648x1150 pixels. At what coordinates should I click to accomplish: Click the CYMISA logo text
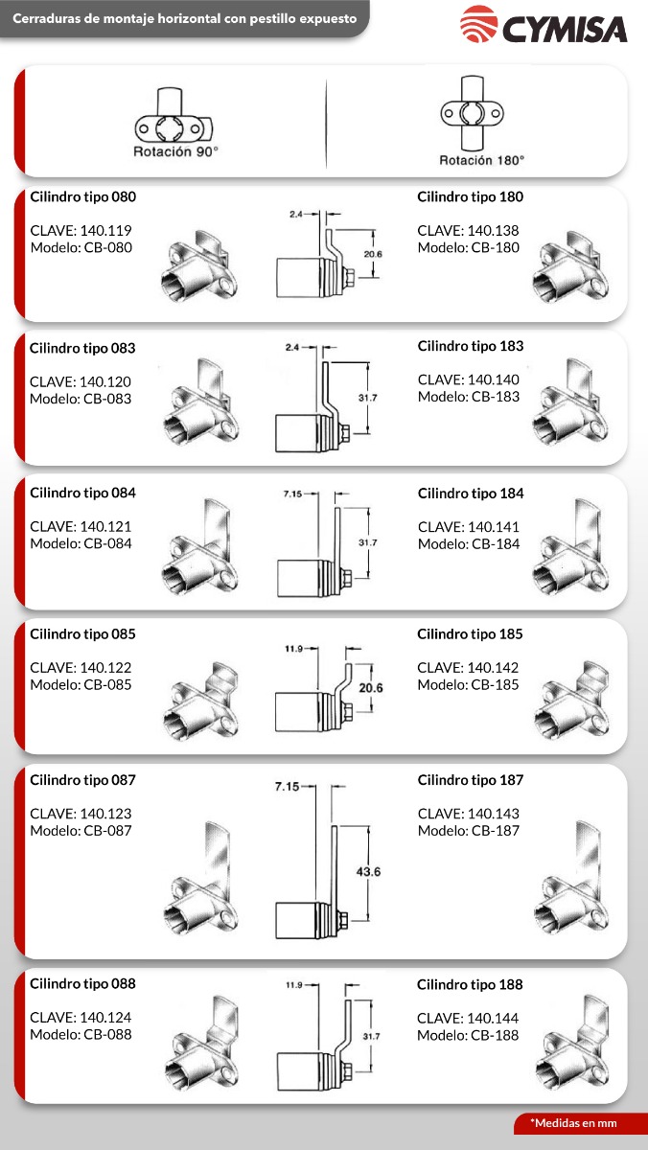coord(566,28)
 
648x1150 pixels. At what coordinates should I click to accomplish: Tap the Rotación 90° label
coord(175,151)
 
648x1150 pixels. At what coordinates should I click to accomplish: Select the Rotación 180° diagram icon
coord(470,117)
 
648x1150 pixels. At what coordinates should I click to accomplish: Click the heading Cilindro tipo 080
coord(83,196)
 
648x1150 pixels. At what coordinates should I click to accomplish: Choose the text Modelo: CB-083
coord(81,399)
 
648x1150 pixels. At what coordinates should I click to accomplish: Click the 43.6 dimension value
coord(368,871)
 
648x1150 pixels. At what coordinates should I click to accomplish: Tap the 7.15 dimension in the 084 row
coord(293,494)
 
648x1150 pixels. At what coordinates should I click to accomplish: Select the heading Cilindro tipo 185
coord(470,634)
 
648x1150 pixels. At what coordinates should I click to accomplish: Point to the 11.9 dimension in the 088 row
coord(295,984)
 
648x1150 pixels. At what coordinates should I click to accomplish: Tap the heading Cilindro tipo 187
coord(470,780)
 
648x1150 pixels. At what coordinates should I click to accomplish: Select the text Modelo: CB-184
coord(468,544)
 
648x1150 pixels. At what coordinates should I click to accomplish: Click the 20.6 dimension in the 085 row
coord(370,687)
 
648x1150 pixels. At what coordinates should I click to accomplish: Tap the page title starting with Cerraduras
coord(184,18)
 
